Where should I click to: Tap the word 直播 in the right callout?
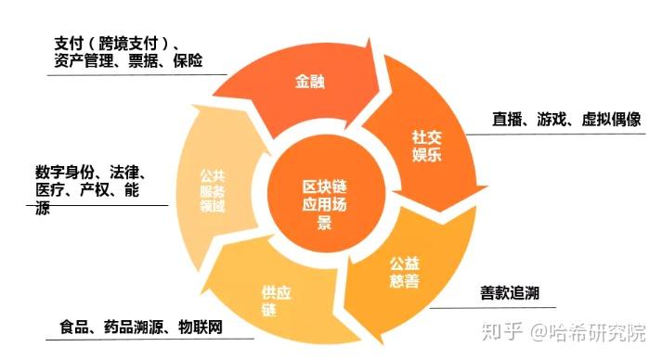point(510,120)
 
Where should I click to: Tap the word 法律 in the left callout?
point(127,173)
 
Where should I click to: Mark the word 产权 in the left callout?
point(96,190)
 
